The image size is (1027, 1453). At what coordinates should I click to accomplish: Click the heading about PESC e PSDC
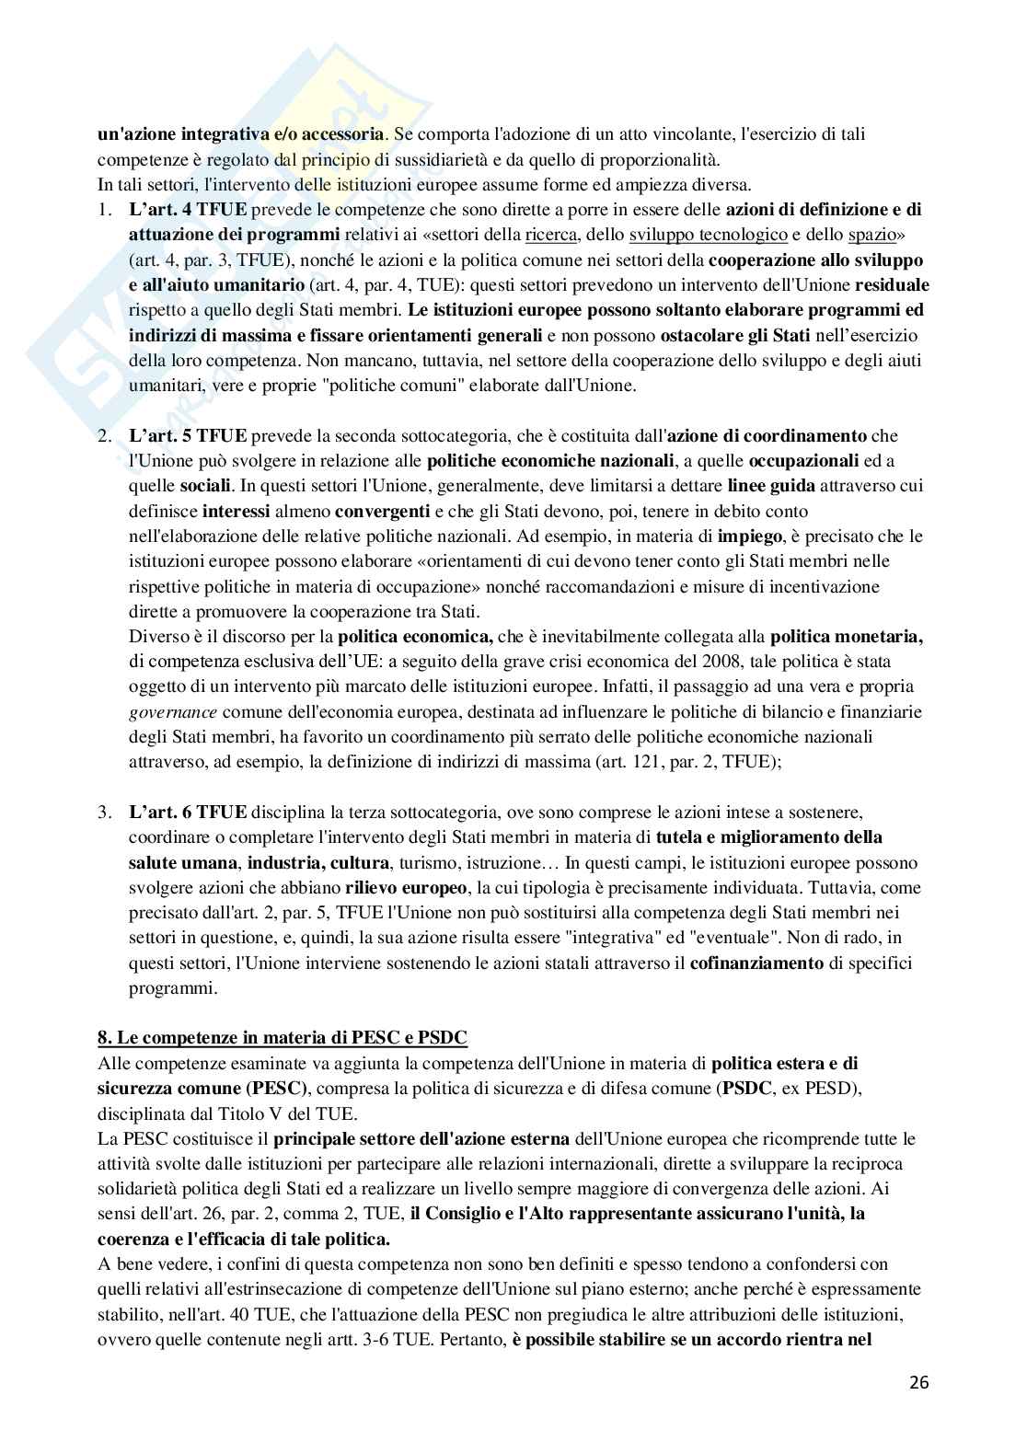283,1038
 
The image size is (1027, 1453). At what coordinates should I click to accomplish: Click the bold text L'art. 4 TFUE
188,209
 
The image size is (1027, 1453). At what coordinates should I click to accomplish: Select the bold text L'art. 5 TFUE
188,434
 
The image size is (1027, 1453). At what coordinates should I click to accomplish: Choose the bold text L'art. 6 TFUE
188,812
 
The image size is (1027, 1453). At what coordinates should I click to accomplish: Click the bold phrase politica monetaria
846,636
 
